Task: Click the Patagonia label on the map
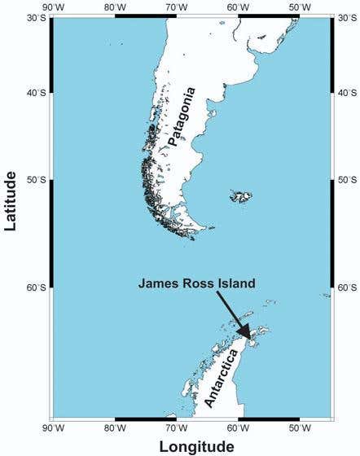point(183,116)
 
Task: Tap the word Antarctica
point(222,375)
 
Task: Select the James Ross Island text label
point(196,283)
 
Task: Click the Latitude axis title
point(11,200)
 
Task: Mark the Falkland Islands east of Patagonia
point(241,195)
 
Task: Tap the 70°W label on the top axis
point(177,7)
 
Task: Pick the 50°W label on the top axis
point(300,7)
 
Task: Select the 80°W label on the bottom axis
point(115,427)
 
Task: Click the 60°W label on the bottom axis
point(238,427)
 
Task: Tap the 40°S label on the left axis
point(36,92)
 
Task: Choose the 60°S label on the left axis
point(36,287)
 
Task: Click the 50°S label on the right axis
point(345,180)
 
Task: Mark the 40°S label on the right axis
point(345,92)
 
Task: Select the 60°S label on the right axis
point(345,287)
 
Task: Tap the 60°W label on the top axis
point(238,7)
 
